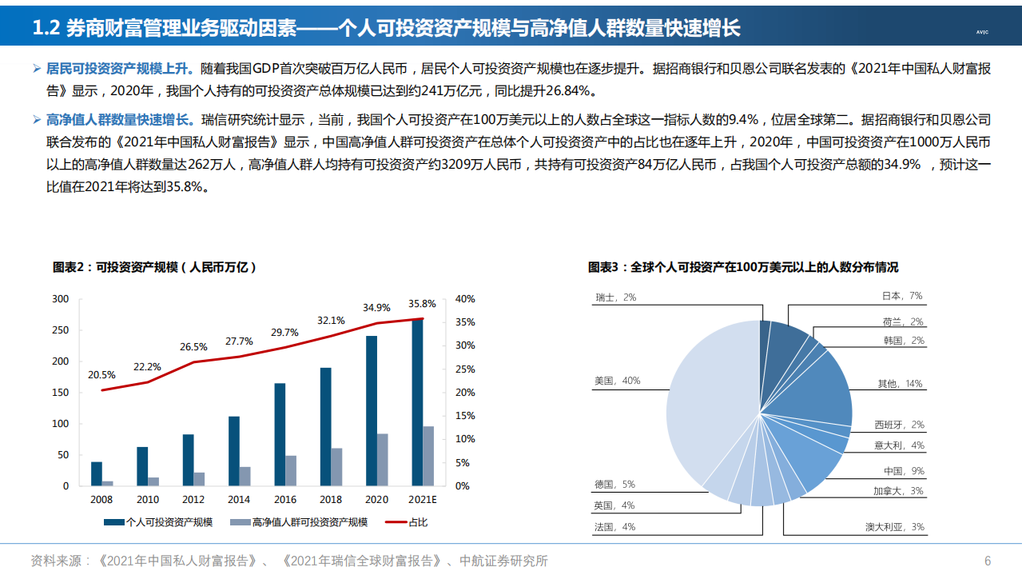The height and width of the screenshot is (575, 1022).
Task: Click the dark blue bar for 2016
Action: click(280, 434)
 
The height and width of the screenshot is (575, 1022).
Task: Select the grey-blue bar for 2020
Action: click(383, 460)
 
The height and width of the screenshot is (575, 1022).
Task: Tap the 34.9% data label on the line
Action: click(376, 307)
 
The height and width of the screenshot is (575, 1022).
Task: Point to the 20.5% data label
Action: click(101, 374)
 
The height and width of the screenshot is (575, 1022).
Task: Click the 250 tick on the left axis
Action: click(61, 330)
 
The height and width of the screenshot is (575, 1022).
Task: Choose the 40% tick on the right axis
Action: click(465, 299)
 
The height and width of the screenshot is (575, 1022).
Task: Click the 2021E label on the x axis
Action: click(423, 499)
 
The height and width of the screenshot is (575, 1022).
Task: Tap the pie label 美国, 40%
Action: click(617, 381)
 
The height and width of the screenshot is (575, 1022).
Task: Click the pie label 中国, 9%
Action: click(903, 471)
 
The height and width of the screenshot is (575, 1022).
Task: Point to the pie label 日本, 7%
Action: click(901, 296)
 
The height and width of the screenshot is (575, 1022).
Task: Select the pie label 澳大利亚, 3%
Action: click(894, 527)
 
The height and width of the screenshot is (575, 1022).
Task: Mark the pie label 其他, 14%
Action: click(899, 384)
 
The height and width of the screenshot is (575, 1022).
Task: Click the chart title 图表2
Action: click(155, 267)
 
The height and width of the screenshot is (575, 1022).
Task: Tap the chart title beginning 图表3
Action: click(742, 267)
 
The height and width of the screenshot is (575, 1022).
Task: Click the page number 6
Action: click(988, 561)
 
